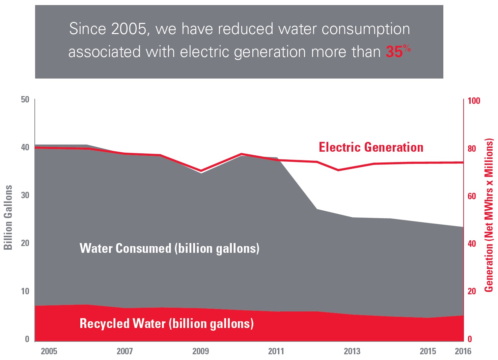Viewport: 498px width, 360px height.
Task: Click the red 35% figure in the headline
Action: (x=398, y=52)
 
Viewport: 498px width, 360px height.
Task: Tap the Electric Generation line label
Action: (x=371, y=147)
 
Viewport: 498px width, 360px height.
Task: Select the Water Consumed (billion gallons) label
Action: (x=169, y=248)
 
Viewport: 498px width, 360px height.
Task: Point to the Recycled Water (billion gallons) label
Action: (x=166, y=324)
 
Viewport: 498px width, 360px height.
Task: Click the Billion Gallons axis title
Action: (x=8, y=217)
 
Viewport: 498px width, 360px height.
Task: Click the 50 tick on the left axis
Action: (x=25, y=99)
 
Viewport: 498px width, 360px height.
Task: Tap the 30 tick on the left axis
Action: (x=25, y=195)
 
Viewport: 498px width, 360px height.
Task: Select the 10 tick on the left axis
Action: (x=25, y=291)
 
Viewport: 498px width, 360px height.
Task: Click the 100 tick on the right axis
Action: (x=474, y=101)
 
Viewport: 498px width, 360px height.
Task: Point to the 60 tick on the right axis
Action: (x=472, y=196)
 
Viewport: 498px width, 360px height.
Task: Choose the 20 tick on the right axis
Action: (x=472, y=291)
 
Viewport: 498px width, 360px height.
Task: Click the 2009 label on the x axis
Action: (x=200, y=351)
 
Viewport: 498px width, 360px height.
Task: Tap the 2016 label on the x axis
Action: (x=463, y=351)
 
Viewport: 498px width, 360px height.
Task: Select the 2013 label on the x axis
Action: (x=352, y=351)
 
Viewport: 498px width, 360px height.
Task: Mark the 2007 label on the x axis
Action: (x=125, y=351)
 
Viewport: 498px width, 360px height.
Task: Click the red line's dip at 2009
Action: (x=201, y=171)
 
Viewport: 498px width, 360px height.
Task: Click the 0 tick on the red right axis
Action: (x=470, y=339)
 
